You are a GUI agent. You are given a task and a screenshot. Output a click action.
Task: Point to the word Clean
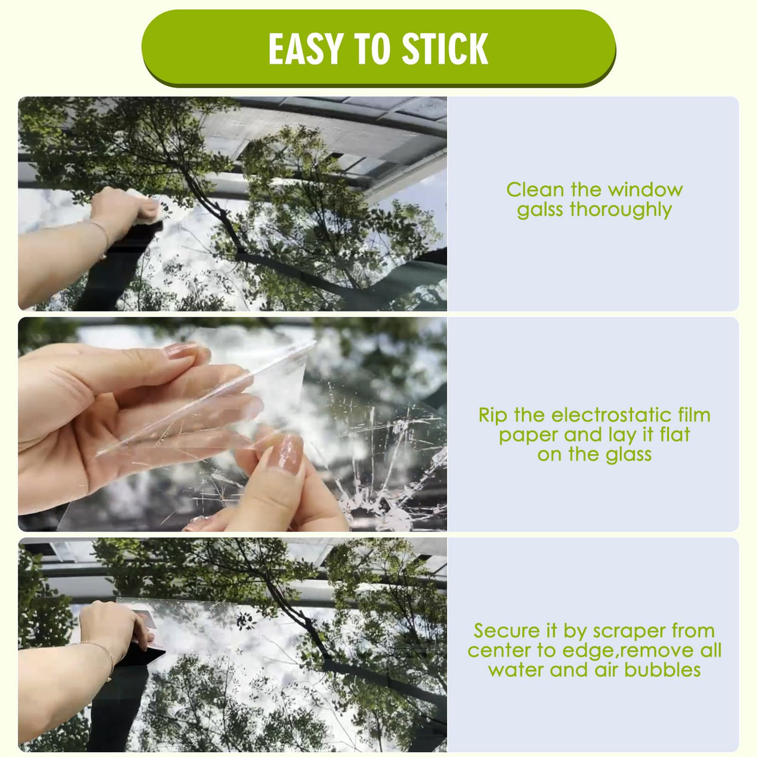[x=535, y=190]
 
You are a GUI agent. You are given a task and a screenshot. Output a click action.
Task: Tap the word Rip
[x=493, y=416]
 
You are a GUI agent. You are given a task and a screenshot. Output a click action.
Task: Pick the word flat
[x=675, y=435]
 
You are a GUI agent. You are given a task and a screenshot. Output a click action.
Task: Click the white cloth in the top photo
[x=147, y=204]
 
